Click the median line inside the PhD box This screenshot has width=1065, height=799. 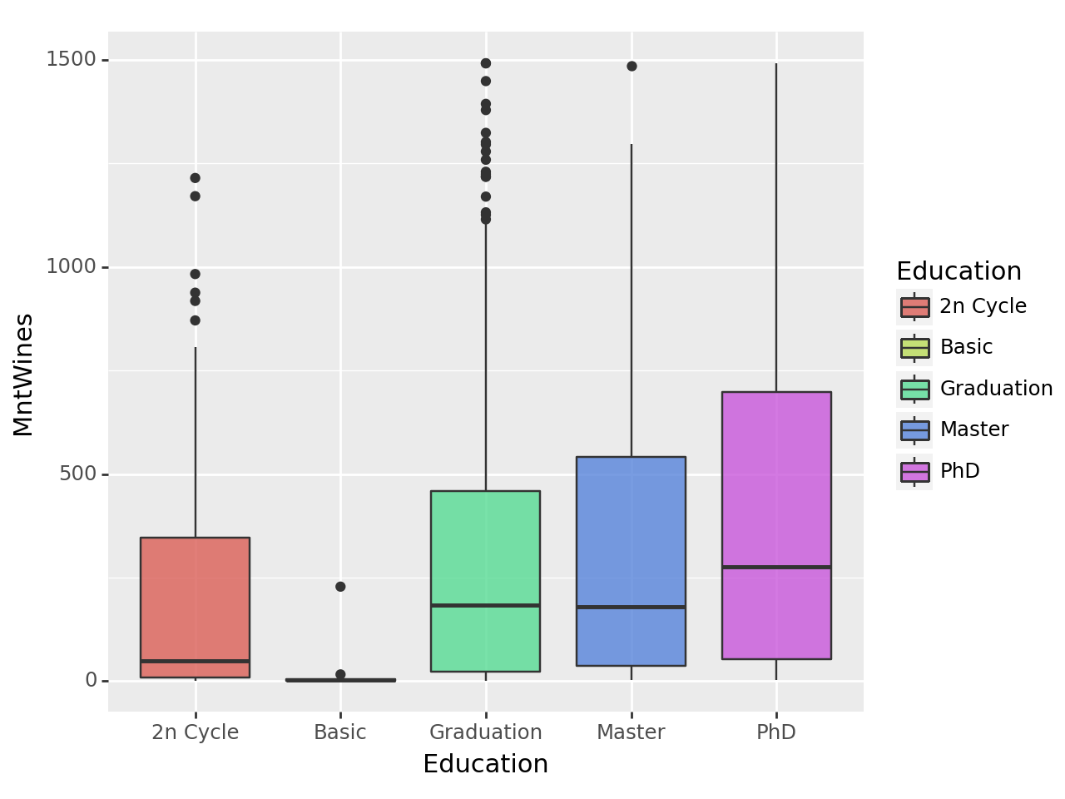(x=776, y=567)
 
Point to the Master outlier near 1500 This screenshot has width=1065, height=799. (x=632, y=67)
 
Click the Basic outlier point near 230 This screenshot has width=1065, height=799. (x=340, y=587)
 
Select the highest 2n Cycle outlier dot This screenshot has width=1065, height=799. (x=195, y=178)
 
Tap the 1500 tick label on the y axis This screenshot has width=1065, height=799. (x=71, y=60)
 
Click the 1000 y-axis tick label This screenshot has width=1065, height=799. (x=71, y=267)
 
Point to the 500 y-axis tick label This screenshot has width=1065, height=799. (x=78, y=474)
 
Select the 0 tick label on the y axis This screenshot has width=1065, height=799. (x=91, y=681)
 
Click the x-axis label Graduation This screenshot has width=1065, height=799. (x=485, y=732)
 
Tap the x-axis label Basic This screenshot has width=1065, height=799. (x=340, y=732)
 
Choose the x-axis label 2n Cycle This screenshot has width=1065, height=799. (x=195, y=732)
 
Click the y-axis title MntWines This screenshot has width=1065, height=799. (x=23, y=375)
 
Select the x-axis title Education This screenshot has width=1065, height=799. (x=485, y=764)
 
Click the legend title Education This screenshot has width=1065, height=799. (x=958, y=271)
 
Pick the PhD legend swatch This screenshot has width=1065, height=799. (x=914, y=472)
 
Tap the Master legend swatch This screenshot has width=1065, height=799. (x=914, y=430)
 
